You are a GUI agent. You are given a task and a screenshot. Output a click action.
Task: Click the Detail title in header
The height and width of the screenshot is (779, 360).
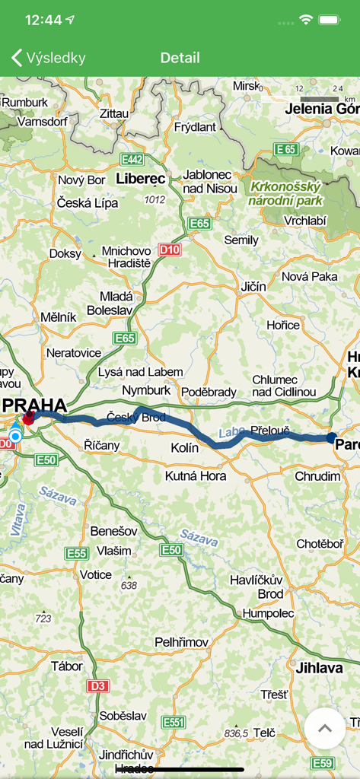180,58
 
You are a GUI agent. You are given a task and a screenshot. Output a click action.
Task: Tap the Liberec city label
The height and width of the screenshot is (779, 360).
141,179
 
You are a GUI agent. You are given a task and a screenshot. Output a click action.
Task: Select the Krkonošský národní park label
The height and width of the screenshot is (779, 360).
285,193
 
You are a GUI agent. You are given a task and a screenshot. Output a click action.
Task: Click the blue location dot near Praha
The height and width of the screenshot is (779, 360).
14,437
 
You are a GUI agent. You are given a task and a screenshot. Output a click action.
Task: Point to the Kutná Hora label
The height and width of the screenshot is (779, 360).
196,476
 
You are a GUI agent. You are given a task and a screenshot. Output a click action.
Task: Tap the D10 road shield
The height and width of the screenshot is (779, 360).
170,249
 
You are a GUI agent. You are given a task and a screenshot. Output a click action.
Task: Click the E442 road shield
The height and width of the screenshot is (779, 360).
132,160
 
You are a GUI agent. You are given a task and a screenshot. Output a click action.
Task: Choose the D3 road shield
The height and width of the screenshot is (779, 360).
97,686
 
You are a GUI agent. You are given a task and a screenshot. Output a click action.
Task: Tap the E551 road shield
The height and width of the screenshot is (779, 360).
174,723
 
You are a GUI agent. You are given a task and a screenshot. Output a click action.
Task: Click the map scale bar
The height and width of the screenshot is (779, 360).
319,99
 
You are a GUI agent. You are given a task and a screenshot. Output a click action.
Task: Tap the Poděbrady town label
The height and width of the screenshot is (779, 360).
209,392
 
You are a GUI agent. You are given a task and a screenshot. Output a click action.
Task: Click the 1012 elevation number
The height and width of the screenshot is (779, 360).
155,199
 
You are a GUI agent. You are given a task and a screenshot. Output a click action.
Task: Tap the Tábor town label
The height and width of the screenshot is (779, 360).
67,666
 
